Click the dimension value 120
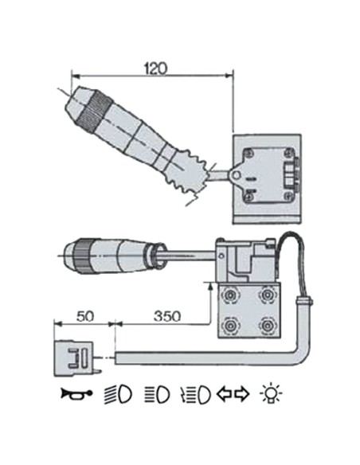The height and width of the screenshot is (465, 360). point(155,68)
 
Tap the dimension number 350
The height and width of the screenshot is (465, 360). point(167,316)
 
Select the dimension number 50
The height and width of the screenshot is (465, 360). point(85,316)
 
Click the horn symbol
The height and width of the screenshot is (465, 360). point(76,394)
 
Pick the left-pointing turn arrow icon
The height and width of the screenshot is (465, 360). point(225,394)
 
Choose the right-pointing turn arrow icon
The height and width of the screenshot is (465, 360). point(242,394)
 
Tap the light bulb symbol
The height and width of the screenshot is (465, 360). point(271,393)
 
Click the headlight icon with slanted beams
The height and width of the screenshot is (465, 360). point(118,394)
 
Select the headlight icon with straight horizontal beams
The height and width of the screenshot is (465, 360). point(157,394)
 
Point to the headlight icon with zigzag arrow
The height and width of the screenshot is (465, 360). point(195,395)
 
